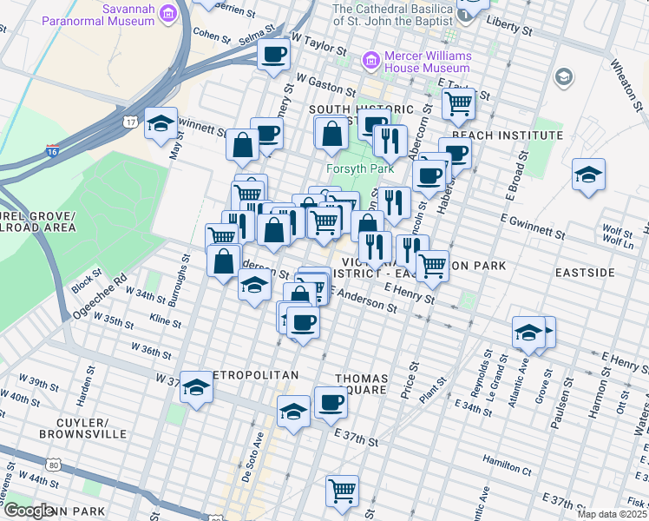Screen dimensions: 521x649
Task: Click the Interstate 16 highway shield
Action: coord(53,152)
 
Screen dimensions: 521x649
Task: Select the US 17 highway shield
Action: coord(129,121)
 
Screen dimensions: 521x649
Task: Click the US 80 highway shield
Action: coord(55,466)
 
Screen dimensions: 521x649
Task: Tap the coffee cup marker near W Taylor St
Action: coord(274,55)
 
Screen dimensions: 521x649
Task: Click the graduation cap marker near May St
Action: coord(161,124)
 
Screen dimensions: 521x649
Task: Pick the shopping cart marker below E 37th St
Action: coord(343,490)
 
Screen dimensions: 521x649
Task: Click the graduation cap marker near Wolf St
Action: coord(588,175)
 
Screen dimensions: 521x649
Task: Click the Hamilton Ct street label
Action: coord(508,468)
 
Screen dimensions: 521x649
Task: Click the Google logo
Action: coord(28,511)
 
